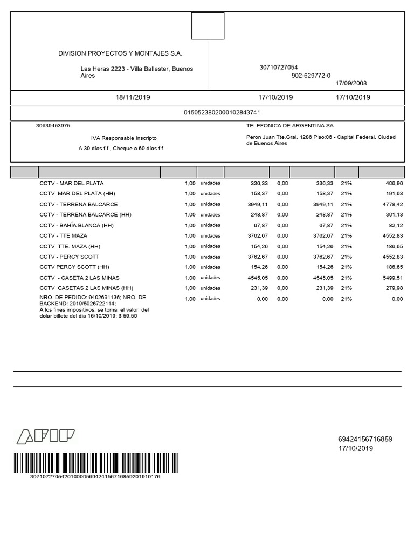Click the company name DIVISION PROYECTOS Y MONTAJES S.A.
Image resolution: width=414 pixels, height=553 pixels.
coord(120,53)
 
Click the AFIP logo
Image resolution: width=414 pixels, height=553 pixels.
coord(46,437)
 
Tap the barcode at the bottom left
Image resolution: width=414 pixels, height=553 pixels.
coord(95,463)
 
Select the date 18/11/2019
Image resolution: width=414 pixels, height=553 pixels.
coord(133,98)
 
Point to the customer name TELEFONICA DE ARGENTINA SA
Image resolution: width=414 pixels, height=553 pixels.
coord(290,125)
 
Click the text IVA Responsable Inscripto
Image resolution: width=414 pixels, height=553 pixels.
coord(123,138)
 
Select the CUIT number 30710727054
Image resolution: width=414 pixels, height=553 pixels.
coord(278,68)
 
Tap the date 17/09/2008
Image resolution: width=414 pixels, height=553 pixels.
coord(351,83)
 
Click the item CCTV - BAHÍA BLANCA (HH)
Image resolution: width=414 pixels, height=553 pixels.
coord(77,225)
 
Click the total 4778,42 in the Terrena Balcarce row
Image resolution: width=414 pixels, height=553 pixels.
coord(392,205)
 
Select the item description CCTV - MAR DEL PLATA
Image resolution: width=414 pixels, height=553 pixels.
coord(72,183)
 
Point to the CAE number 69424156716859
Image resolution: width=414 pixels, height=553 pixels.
coord(365,439)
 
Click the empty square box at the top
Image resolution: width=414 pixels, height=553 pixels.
coord(208,26)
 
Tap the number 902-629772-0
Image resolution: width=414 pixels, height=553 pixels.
coord(311,76)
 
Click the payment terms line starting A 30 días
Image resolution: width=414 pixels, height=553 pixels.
coord(121,148)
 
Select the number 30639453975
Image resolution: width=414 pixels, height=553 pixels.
coord(53,125)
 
